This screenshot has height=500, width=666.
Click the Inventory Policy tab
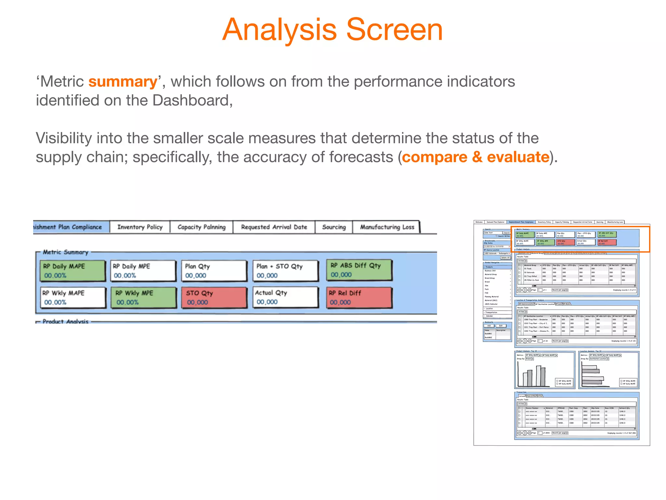tap(140, 227)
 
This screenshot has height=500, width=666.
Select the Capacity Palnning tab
tap(201, 227)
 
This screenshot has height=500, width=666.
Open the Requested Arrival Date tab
tap(274, 227)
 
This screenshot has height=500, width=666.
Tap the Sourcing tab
tap(334, 227)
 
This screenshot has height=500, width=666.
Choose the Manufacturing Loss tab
tap(387, 227)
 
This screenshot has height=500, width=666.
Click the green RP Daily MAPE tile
tap(73, 271)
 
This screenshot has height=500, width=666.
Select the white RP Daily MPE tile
tap(143, 271)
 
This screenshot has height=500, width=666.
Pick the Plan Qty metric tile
tap(214, 271)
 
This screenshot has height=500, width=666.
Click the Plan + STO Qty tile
tap(285, 271)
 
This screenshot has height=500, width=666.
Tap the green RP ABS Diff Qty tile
tap(359, 270)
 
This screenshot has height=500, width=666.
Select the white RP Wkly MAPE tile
tap(73, 297)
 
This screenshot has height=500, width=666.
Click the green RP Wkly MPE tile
tap(143, 297)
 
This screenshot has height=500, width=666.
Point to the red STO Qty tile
tap(214, 297)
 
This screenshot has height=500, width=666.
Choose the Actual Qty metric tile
tap(285, 297)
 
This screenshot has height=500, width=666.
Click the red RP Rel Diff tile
tap(359, 297)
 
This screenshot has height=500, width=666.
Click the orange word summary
tap(123, 82)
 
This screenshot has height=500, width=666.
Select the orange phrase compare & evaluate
tap(475, 157)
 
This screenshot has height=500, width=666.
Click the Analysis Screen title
tap(332, 30)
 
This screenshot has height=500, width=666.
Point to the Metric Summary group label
tap(65, 252)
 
